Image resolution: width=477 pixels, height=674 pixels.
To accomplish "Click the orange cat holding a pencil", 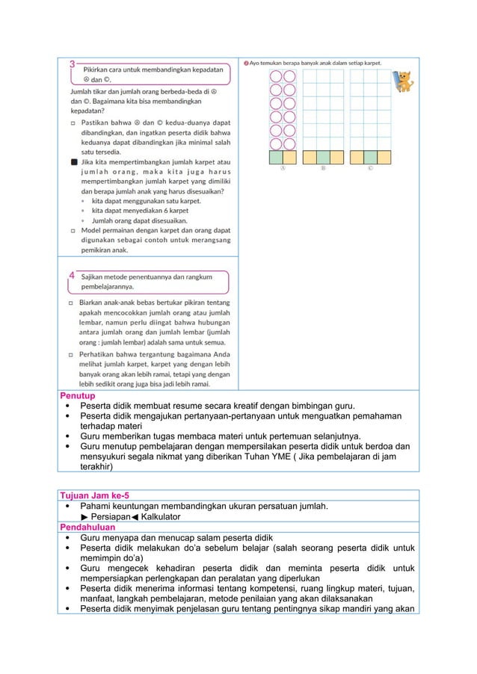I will [404, 81].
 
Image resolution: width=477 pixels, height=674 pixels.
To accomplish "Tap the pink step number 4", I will [72, 276].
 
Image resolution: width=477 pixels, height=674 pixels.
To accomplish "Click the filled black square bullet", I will [73, 161].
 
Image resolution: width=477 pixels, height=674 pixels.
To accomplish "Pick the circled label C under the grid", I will [372, 169].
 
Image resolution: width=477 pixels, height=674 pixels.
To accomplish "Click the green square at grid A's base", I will [276, 158].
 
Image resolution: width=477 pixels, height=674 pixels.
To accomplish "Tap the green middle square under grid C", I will [372, 158].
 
